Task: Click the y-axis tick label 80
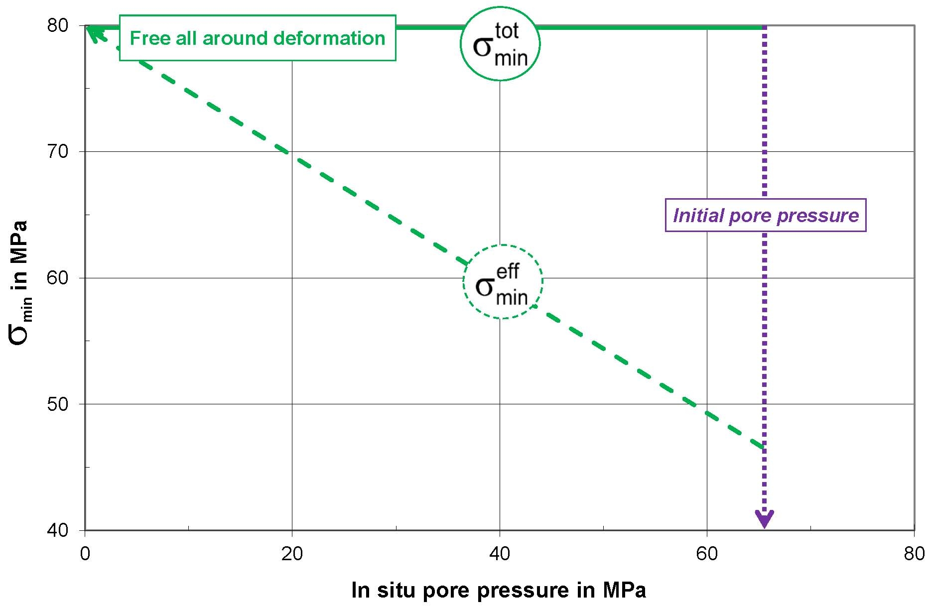click(x=57, y=25)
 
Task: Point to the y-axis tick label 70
click(x=57, y=151)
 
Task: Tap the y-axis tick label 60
click(x=57, y=277)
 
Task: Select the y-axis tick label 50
click(x=57, y=404)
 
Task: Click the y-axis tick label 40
click(x=57, y=530)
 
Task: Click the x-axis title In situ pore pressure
click(x=499, y=590)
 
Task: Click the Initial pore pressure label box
click(x=766, y=215)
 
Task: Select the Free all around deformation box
click(x=257, y=38)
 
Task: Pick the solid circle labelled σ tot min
click(x=500, y=44)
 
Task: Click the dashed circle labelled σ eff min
click(x=502, y=282)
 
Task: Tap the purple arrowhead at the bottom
click(x=765, y=519)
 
